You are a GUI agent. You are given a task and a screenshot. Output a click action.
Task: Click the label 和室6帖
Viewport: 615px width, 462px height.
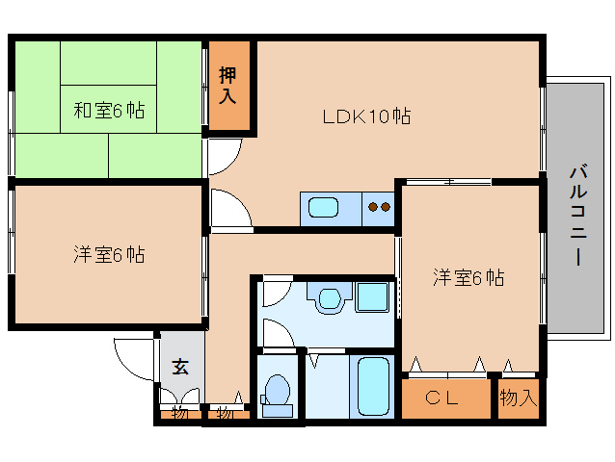[x=109, y=111]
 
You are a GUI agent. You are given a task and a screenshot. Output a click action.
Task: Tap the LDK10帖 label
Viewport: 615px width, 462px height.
[x=366, y=116]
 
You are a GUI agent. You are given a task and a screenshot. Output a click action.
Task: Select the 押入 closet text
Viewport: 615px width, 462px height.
[x=227, y=86]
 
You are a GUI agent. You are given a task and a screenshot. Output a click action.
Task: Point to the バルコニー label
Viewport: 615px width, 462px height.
[x=578, y=216]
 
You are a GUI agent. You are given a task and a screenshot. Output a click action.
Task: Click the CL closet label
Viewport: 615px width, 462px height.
[x=441, y=398]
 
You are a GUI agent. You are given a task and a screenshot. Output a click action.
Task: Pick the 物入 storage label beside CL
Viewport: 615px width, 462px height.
[x=518, y=398]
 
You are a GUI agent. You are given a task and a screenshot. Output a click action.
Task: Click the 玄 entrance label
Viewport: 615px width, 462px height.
[x=180, y=367]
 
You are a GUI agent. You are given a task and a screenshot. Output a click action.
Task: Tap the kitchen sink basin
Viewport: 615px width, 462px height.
[x=323, y=208]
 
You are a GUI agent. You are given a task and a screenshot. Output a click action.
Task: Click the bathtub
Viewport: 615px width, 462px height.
[x=373, y=386]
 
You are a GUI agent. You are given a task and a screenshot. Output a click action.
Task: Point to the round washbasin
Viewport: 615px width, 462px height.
[x=330, y=299]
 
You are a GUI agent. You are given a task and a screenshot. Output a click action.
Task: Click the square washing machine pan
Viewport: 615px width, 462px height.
[x=371, y=297]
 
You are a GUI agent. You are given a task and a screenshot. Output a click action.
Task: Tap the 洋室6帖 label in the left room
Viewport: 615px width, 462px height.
[x=109, y=255]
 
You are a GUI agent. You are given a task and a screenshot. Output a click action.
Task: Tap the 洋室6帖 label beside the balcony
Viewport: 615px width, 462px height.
[x=468, y=277]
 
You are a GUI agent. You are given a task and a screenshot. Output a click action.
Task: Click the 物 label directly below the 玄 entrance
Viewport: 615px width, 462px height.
[x=178, y=413]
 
